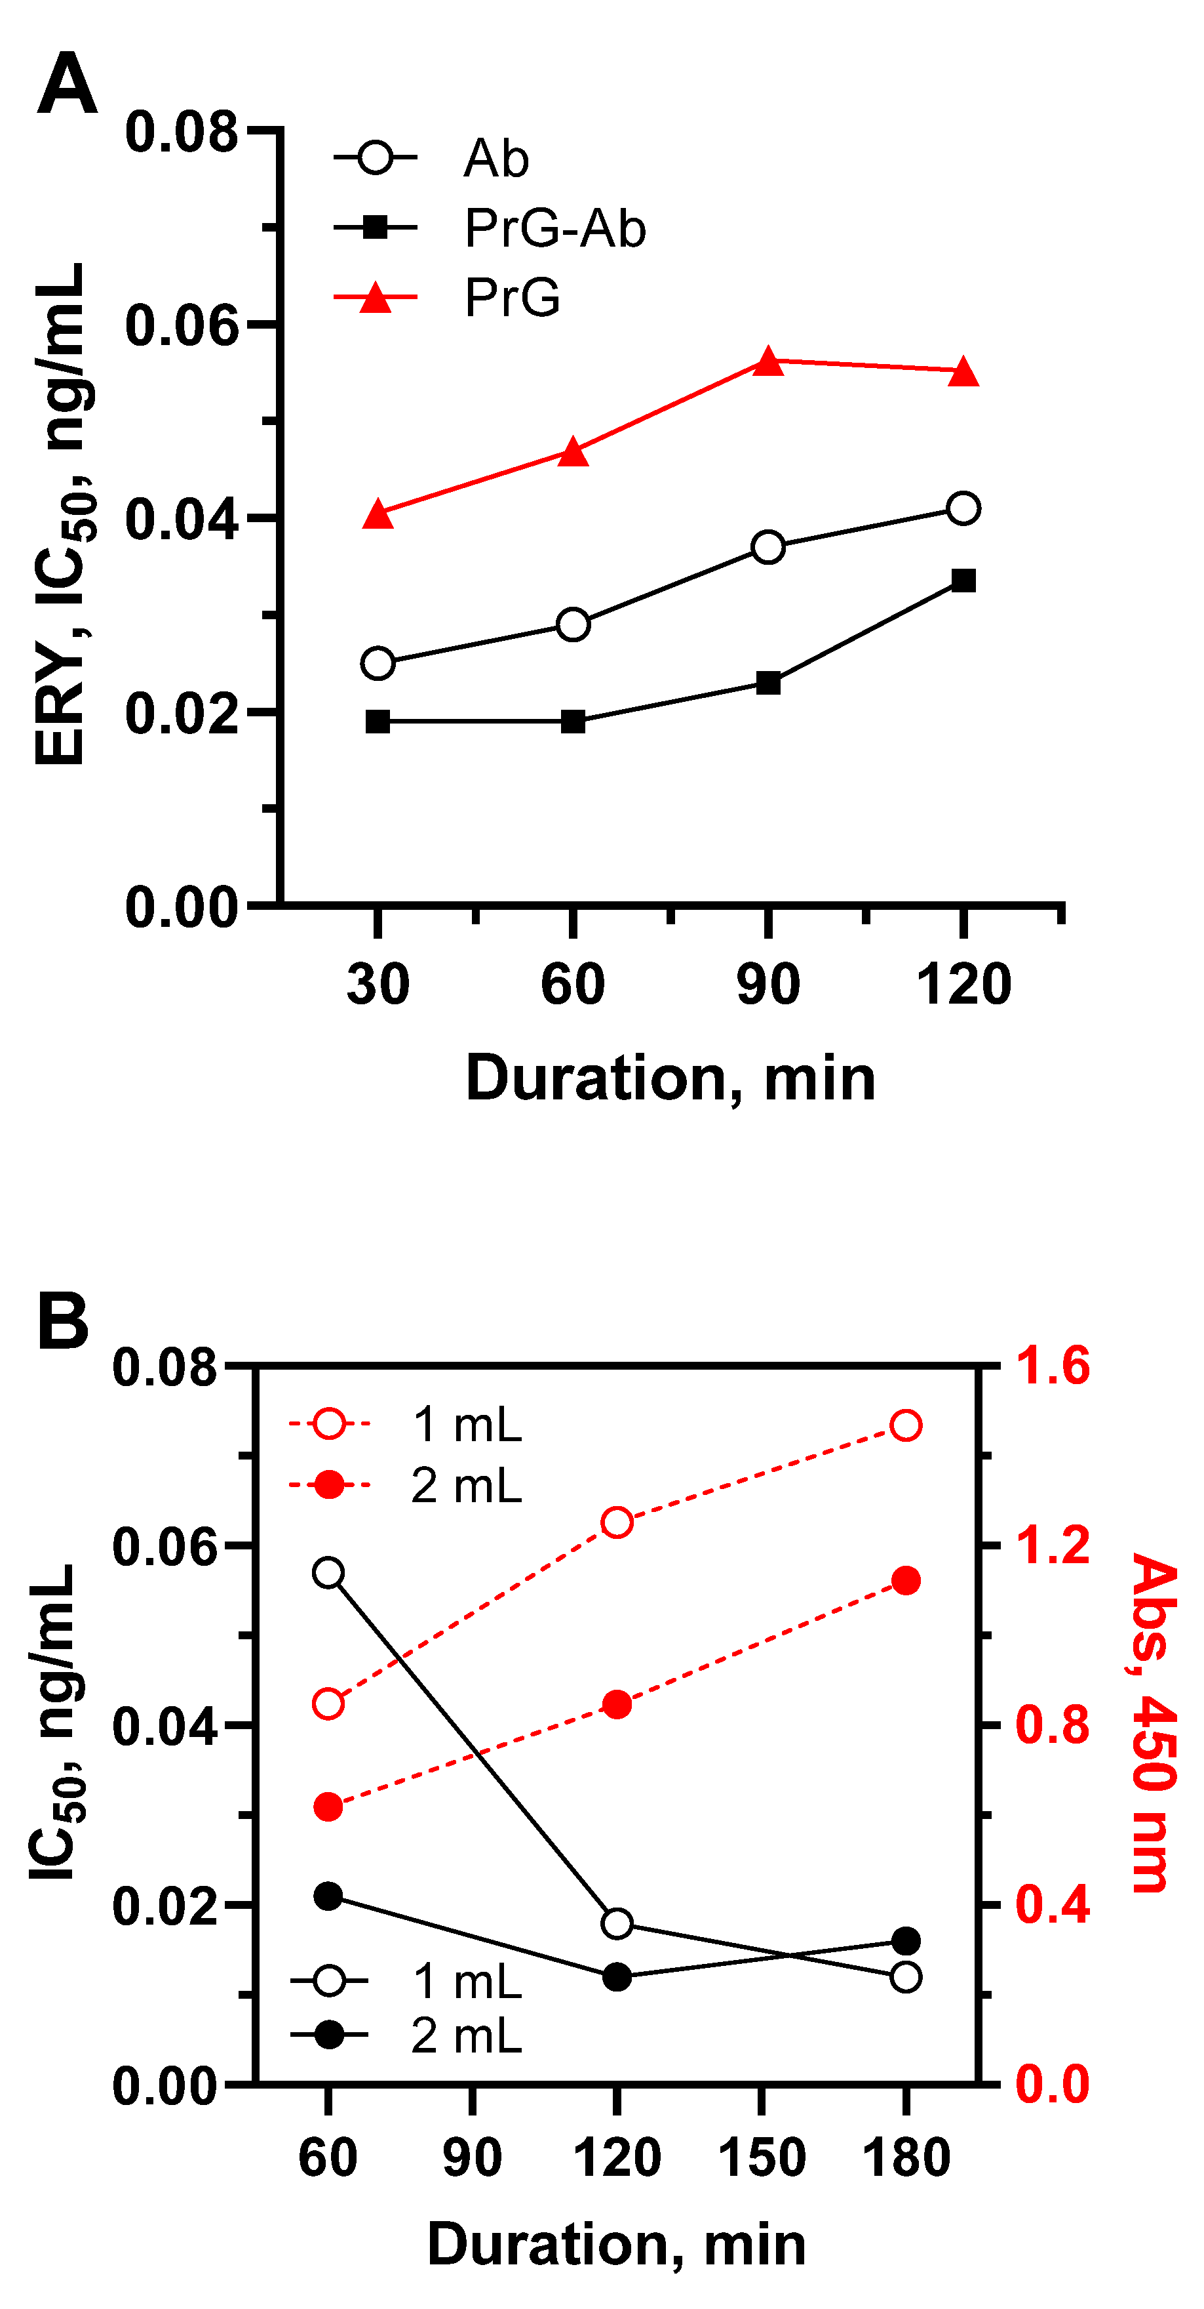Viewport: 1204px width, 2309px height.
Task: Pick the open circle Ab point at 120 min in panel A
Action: click(963, 508)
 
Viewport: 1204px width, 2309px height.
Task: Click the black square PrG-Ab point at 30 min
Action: click(378, 722)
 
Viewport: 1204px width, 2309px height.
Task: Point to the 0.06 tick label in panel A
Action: click(182, 325)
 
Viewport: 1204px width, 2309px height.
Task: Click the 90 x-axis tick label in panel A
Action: click(767, 983)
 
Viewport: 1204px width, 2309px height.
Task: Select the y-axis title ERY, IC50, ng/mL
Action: click(61, 516)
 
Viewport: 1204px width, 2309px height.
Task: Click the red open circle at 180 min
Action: click(906, 1425)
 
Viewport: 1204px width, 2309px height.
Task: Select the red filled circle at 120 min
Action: click(616, 1705)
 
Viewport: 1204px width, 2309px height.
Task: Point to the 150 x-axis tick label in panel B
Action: click(762, 2157)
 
